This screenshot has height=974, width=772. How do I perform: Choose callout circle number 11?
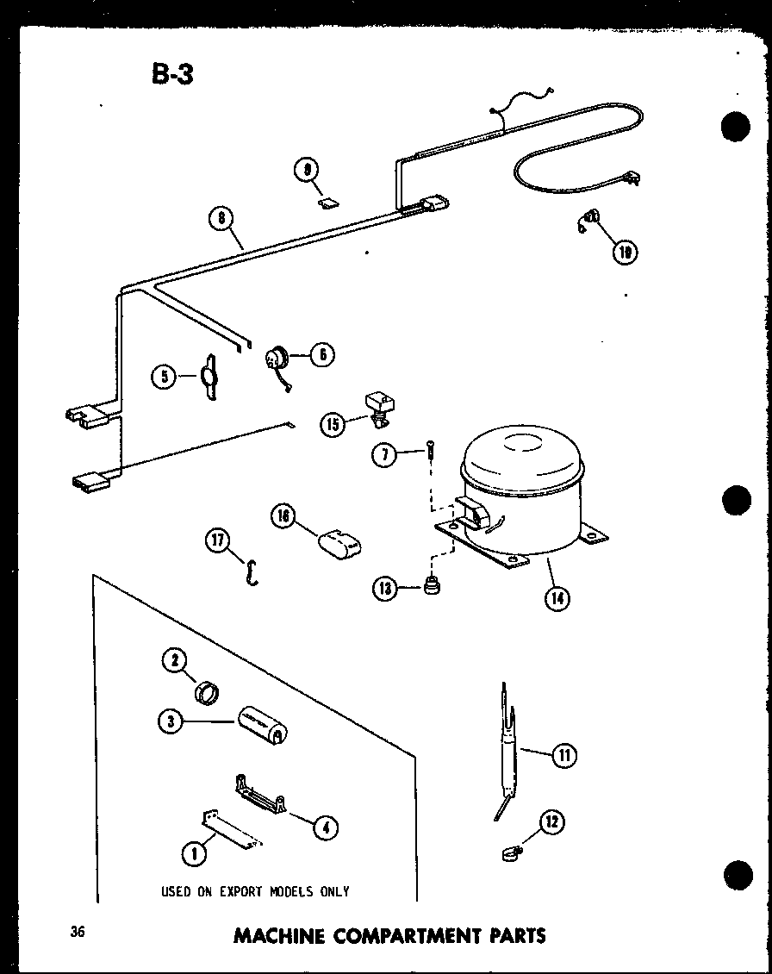[563, 756]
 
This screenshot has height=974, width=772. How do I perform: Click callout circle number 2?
[175, 661]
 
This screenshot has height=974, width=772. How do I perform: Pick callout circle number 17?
[216, 541]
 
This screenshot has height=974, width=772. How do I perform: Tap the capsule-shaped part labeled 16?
[339, 545]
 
